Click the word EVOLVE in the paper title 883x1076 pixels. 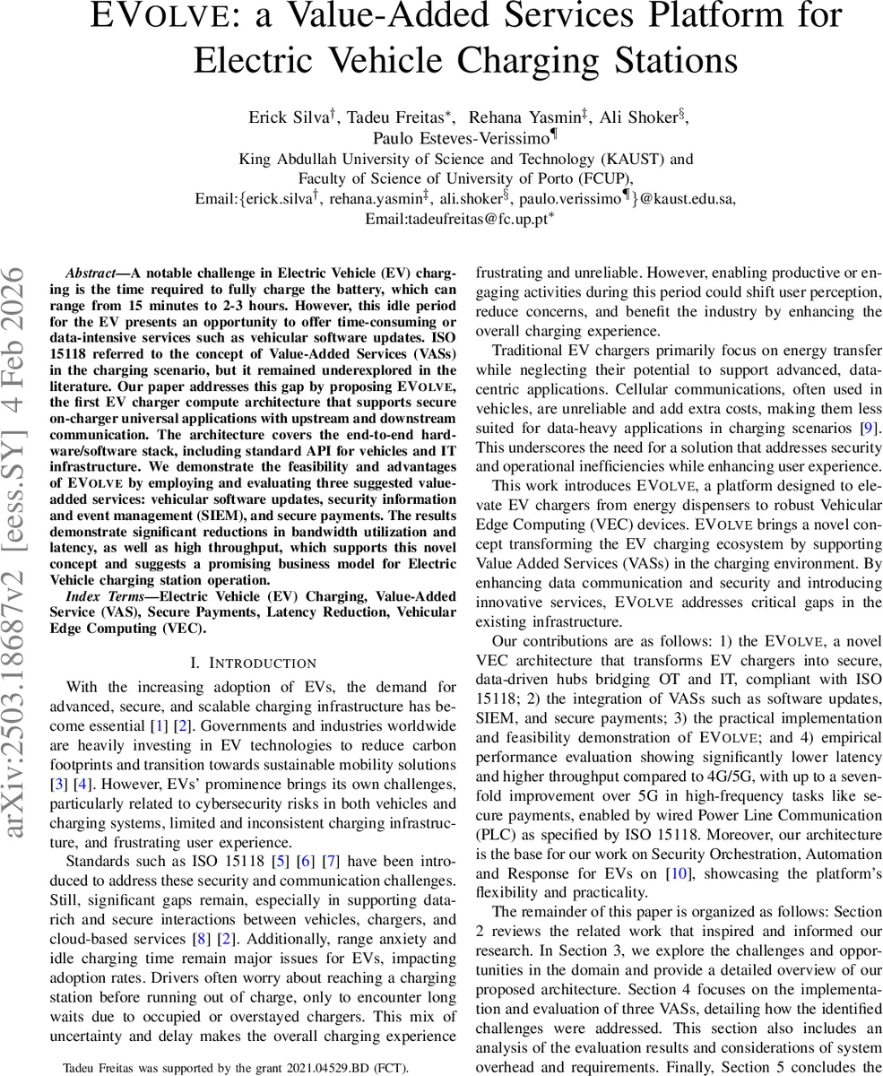click(x=151, y=16)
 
